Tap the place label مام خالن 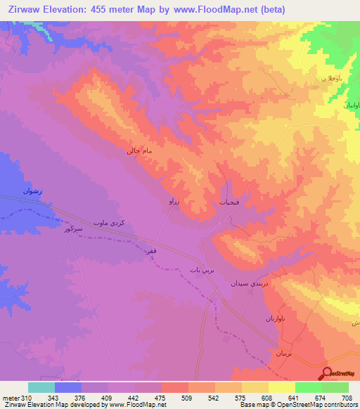point(139,151)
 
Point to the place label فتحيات point(230,202)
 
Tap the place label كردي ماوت point(110,221)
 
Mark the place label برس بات point(200,269)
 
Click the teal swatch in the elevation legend point(41,387)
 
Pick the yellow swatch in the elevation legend point(281,387)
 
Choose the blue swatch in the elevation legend point(67,387)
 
